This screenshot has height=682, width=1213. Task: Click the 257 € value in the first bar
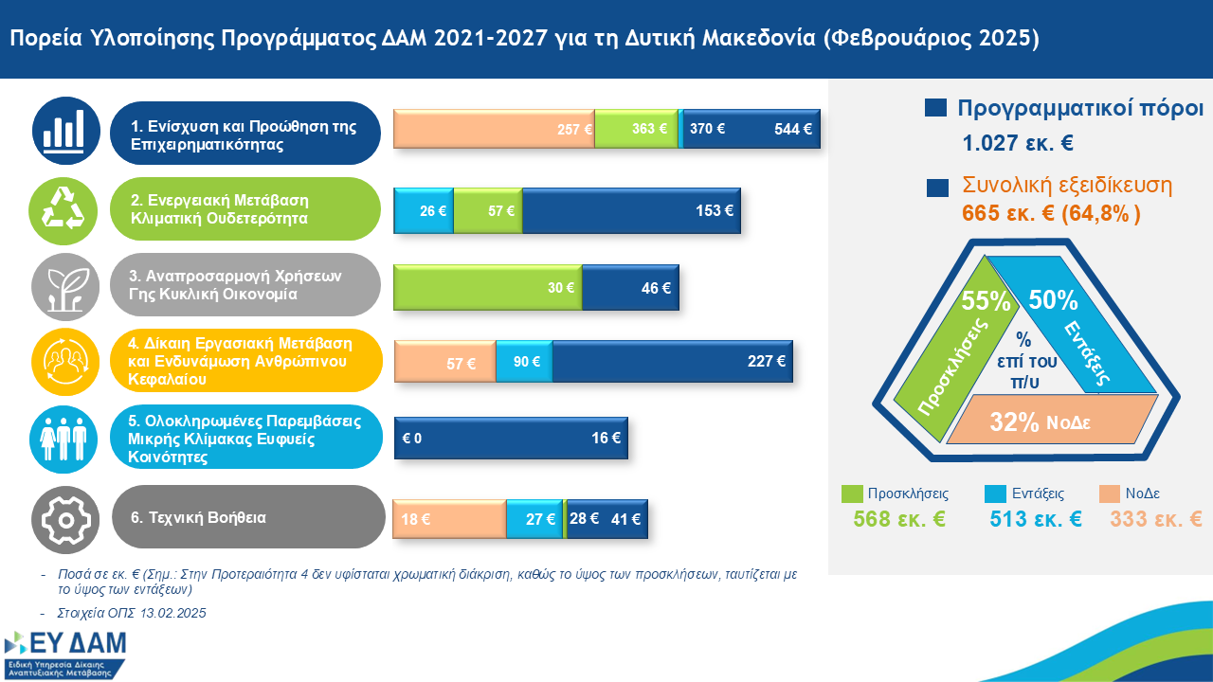point(574,130)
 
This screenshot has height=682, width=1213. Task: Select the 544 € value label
point(793,130)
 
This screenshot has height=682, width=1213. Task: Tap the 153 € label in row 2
point(715,210)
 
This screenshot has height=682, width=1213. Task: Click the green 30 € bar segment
point(488,288)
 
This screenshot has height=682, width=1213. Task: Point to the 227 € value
point(767,360)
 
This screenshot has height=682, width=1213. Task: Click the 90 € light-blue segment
point(524,361)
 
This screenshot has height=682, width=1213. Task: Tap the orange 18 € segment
point(449,519)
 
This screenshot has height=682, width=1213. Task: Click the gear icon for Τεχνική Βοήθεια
point(65,518)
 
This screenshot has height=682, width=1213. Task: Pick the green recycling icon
point(65,210)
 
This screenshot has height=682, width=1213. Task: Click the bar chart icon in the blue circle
point(65,130)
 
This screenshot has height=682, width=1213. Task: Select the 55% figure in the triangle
point(986,301)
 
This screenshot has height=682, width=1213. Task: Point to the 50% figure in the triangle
point(1053,300)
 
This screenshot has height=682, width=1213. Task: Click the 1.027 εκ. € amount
point(1018,145)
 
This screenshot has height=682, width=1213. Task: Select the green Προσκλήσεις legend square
point(852,494)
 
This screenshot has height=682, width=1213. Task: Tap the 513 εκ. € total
point(1036,519)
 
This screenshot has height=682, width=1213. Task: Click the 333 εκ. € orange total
point(1156,519)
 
